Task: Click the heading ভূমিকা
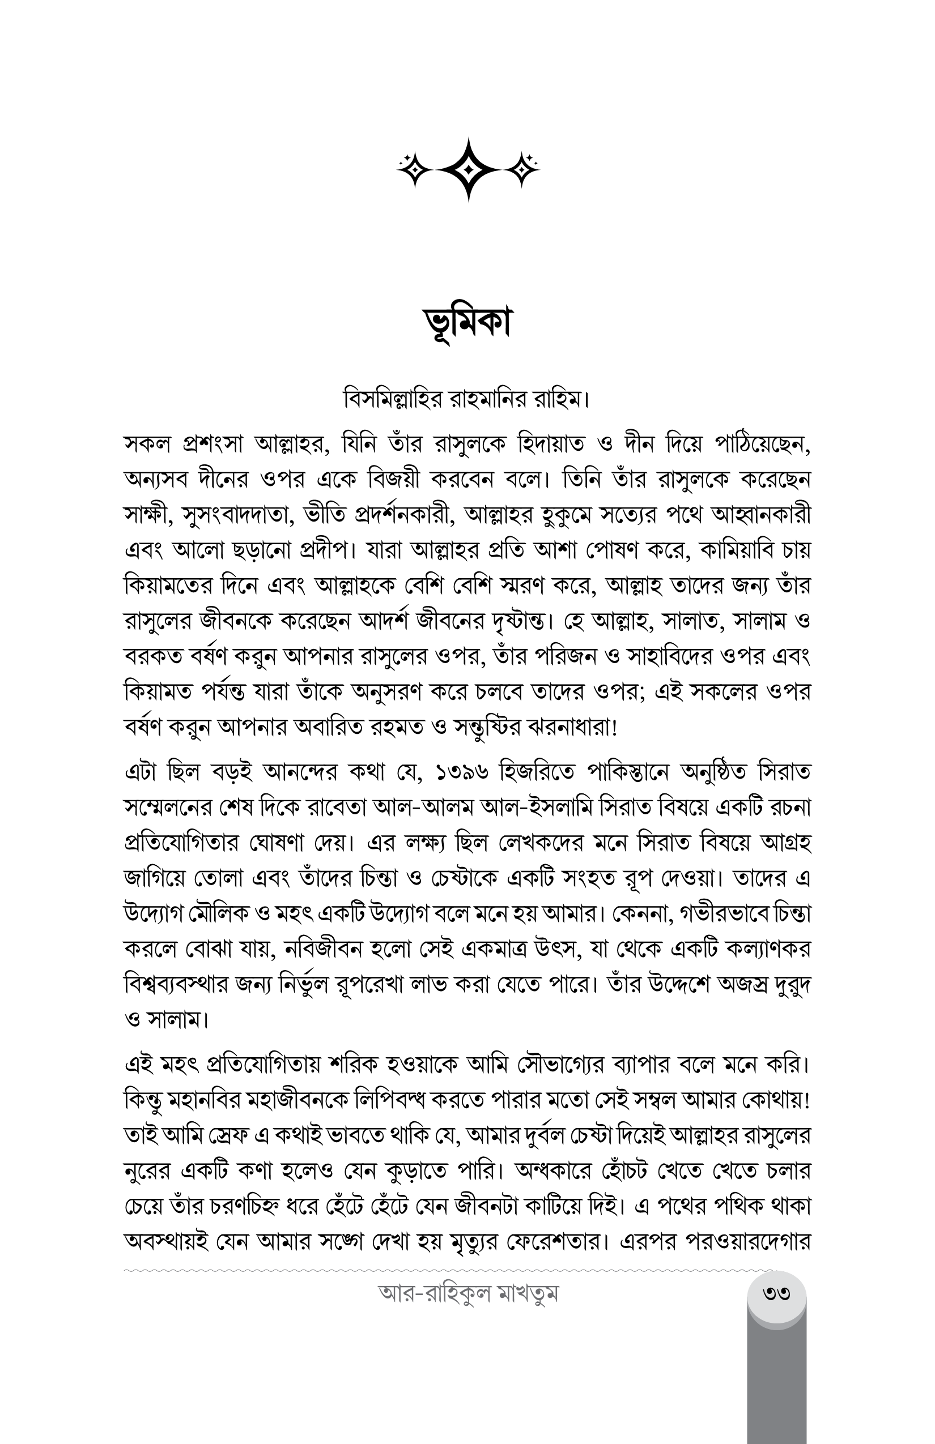[467, 323]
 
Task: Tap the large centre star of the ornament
[467, 169]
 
